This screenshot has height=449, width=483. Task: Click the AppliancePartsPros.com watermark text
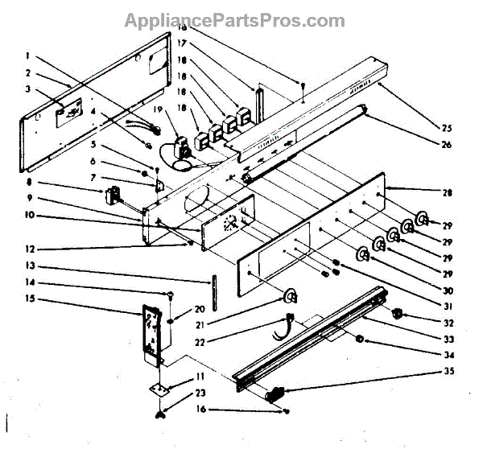[x=242, y=19]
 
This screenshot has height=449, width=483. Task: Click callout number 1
[x=29, y=56]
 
